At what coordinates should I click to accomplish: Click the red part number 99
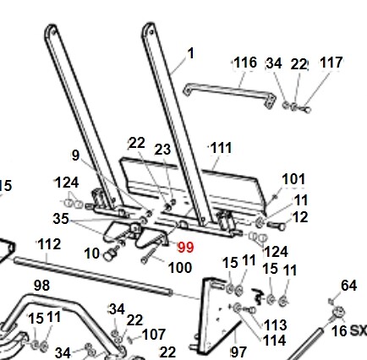[x=185, y=248]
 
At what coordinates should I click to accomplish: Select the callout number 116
[x=245, y=63]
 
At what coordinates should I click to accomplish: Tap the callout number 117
[x=331, y=63]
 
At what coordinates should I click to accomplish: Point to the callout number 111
[x=221, y=148]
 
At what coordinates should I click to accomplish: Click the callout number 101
[x=293, y=179]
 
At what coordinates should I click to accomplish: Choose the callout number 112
[x=49, y=244]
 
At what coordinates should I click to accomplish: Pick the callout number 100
[x=180, y=268]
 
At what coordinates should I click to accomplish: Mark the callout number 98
[x=41, y=286]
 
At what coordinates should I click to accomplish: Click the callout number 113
[x=276, y=325]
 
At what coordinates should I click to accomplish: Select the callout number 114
[x=275, y=341]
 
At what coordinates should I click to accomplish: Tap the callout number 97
[x=239, y=352]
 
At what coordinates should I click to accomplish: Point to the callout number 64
[x=349, y=286]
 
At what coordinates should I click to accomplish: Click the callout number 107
[x=154, y=335]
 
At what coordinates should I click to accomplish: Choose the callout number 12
[x=300, y=217]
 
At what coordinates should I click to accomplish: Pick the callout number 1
[x=191, y=53]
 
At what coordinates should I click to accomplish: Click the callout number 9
[x=75, y=155]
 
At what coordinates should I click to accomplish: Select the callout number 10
[x=92, y=254]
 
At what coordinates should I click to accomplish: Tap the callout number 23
[x=162, y=150]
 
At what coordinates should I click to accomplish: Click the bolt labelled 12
[x=277, y=226]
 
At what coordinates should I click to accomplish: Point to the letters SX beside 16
[x=359, y=330]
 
